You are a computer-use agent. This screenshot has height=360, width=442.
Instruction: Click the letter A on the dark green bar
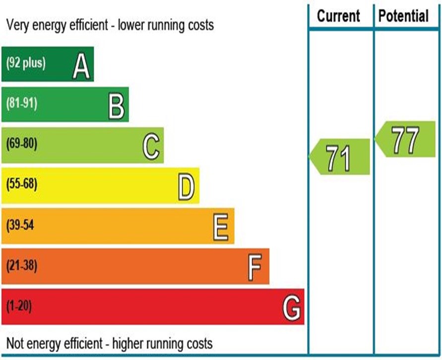pos(81,67)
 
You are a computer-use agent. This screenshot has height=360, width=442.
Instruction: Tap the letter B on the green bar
pos(117,107)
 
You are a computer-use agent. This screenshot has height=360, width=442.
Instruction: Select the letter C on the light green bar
pos(151,147)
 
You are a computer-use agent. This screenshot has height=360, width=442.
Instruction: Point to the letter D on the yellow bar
pos(187,188)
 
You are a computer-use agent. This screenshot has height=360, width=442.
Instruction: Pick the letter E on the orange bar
pos(221,228)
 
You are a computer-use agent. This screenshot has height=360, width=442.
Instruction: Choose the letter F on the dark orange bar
pos(255,268)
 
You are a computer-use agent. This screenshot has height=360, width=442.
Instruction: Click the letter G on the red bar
pos(291,309)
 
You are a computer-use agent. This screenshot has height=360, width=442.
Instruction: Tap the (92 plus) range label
pos(25,64)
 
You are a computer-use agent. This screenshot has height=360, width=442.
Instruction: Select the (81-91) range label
pos(22,104)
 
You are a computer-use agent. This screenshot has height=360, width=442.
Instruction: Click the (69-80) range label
pos(22,144)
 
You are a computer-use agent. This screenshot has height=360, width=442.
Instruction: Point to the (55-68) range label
pos(22,185)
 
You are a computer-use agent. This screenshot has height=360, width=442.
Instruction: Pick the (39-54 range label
pos(20,225)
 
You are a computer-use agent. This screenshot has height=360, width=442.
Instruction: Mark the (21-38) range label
pos(22,266)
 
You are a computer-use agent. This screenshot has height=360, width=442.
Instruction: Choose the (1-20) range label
pos(19,306)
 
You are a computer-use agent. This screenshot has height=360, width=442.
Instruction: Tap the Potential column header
pos(403,16)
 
